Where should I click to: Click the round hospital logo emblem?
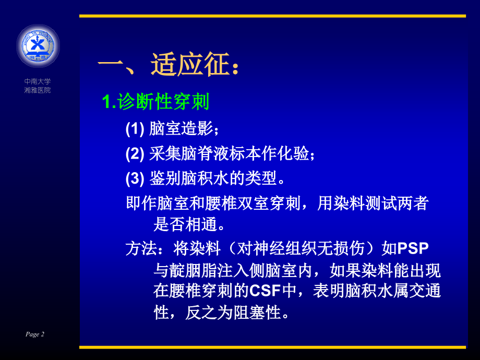click(38, 46)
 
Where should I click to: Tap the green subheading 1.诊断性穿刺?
click(155, 102)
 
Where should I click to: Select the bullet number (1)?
click(135, 129)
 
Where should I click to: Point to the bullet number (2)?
click(135, 154)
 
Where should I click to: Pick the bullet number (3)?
click(135, 179)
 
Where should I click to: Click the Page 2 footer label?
click(35, 334)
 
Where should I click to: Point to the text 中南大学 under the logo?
click(38, 81)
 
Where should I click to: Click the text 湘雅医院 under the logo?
click(38, 90)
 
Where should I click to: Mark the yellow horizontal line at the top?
click(272, 16)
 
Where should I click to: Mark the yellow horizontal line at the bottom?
click(272, 347)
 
